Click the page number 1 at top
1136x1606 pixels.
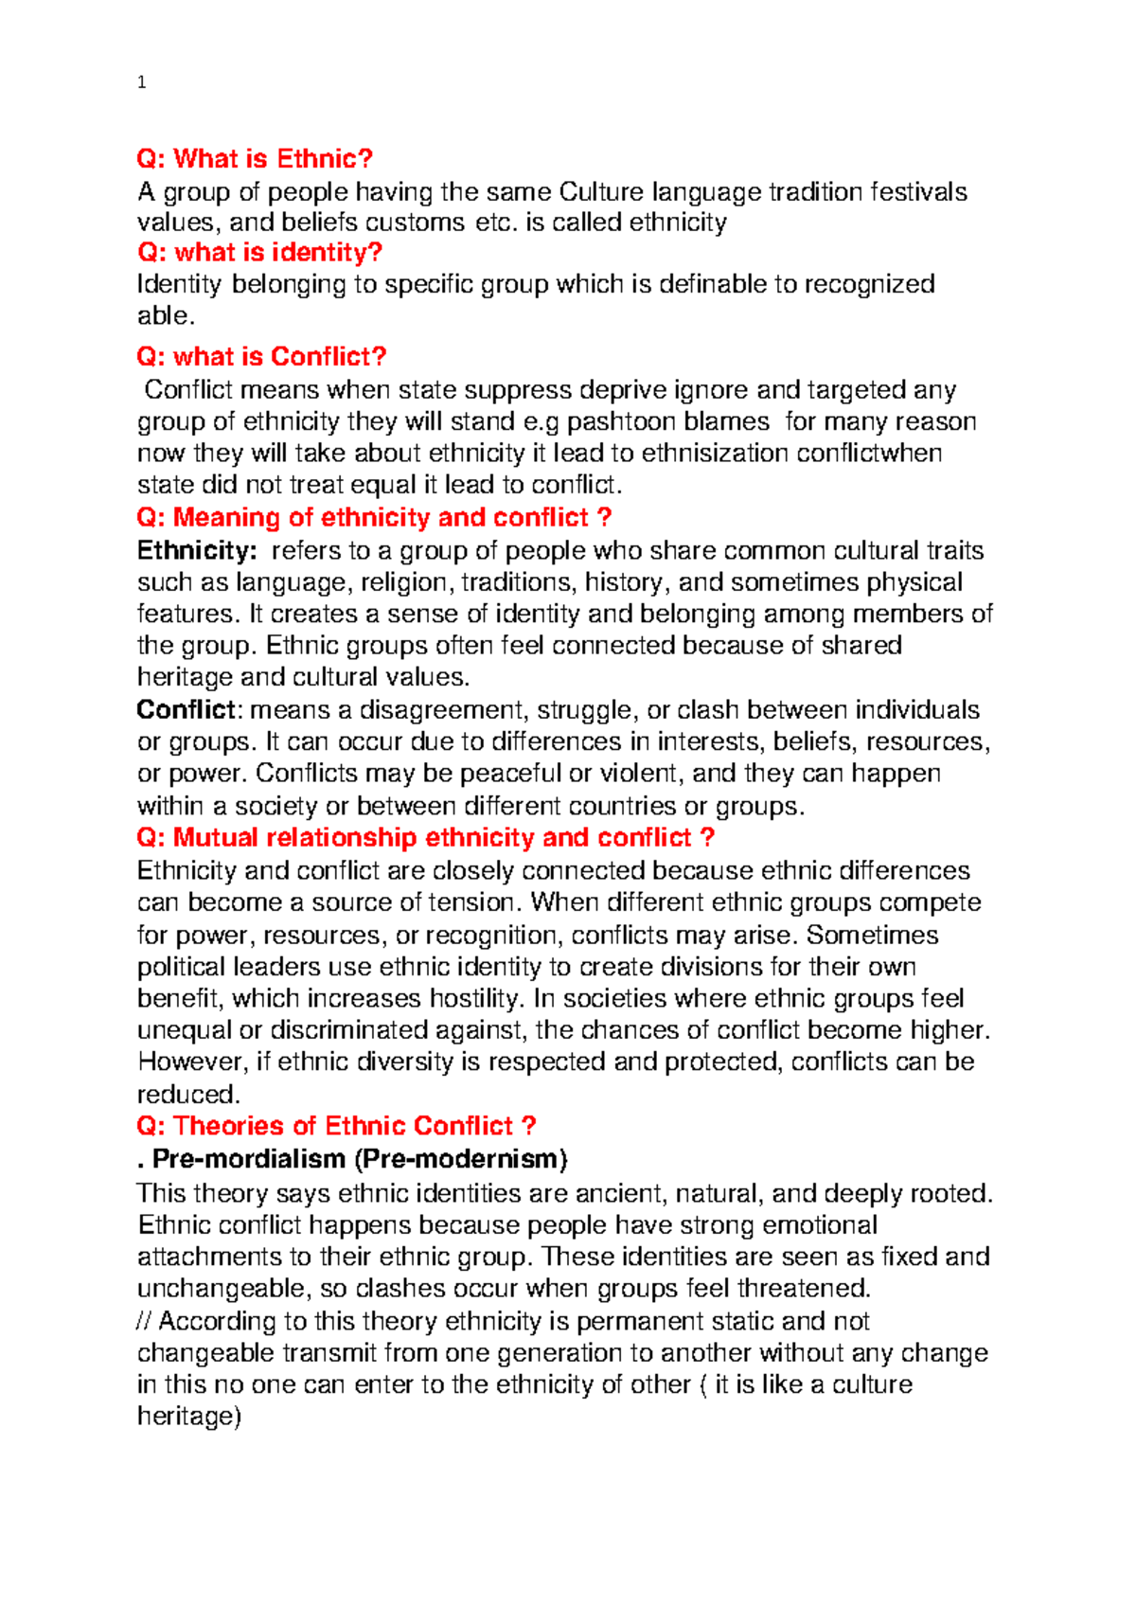point(141,82)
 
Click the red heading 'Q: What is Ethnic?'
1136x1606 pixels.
point(256,159)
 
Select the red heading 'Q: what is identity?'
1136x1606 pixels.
point(259,253)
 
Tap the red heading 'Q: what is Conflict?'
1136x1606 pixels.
point(262,357)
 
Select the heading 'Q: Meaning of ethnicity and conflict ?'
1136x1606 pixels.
point(374,518)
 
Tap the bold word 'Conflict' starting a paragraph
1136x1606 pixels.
point(186,710)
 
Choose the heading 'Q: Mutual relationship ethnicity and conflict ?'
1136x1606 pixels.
point(426,838)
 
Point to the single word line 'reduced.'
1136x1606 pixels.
point(189,1095)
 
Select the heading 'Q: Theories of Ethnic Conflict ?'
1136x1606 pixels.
point(336,1127)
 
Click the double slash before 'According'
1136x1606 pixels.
point(145,1321)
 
